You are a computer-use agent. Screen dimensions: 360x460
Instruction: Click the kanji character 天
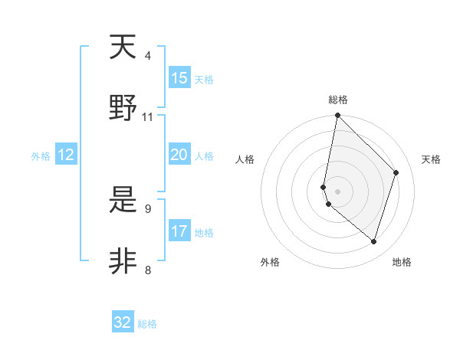pyautogui.click(x=123, y=48)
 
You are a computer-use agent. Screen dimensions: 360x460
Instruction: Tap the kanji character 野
pyautogui.click(x=123, y=108)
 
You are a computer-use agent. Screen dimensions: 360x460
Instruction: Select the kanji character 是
pyautogui.click(x=123, y=201)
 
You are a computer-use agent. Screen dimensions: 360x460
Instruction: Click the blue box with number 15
pyautogui.click(x=179, y=78)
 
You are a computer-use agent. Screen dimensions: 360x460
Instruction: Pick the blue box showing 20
pyautogui.click(x=179, y=155)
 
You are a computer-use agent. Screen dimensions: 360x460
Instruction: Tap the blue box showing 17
pyautogui.click(x=179, y=231)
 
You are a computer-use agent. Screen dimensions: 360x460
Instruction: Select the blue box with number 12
pyautogui.click(x=66, y=155)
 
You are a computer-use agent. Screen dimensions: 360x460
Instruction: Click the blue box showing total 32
pyautogui.click(x=123, y=322)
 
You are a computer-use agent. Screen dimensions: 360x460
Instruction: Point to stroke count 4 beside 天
pyautogui.click(x=148, y=56)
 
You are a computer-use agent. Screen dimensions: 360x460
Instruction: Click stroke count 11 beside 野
pyautogui.click(x=148, y=117)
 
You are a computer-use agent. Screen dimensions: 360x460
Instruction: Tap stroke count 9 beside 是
pyautogui.click(x=148, y=208)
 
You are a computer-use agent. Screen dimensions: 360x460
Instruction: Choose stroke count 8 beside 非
pyautogui.click(x=148, y=270)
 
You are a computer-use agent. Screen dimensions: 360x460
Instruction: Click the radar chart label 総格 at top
pyautogui.click(x=338, y=100)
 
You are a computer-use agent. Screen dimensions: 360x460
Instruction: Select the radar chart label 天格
pyautogui.click(x=431, y=159)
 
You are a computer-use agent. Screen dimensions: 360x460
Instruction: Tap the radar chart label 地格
pyautogui.click(x=402, y=262)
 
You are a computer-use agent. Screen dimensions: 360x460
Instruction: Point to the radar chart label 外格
pyautogui.click(x=270, y=262)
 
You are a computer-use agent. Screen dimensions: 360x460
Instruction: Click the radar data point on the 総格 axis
pyautogui.click(x=337, y=116)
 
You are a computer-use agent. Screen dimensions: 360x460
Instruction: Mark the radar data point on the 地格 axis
pyautogui.click(x=373, y=241)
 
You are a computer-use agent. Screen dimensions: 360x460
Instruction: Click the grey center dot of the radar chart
pyautogui.click(x=337, y=191)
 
